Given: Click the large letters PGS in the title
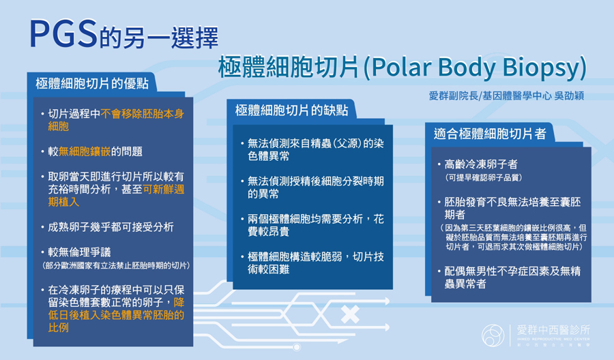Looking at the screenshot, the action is tap(63, 34).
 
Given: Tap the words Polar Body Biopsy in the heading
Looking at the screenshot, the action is tap(476, 67).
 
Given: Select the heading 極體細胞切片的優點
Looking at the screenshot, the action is tap(92, 83).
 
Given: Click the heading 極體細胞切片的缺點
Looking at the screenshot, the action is tap(291, 110).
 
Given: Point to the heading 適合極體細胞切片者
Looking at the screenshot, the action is tap(489, 134).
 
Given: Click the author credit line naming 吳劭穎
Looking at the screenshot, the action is tap(506, 96).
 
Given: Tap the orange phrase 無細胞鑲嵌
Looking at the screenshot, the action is tap(85, 151).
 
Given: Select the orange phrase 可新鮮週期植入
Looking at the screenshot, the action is tap(116, 196).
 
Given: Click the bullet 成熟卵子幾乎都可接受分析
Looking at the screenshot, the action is tap(111, 227).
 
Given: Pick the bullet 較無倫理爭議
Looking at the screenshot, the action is tap(80, 252).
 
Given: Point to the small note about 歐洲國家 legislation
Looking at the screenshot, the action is tap(116, 266).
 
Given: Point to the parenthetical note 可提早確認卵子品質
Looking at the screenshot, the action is tap(483, 178).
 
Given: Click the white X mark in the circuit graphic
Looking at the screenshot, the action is tap(350, 314).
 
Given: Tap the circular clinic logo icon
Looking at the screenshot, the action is tap(493, 335).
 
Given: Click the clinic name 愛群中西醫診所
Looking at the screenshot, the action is tap(553, 330).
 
